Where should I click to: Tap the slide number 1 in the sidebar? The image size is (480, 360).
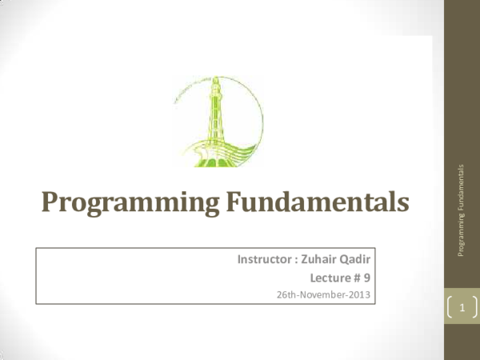(463, 306)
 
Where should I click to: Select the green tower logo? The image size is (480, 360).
(216, 125)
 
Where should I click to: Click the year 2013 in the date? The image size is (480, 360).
(360, 294)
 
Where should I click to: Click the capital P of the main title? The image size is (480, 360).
(51, 205)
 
